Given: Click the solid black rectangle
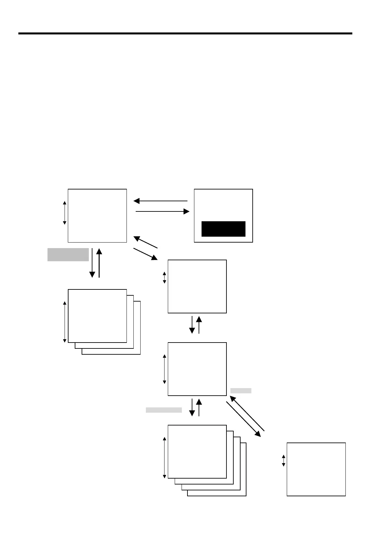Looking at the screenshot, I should (223, 229).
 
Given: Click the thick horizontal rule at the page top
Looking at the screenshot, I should (185, 33).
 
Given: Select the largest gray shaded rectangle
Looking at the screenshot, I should (68, 255).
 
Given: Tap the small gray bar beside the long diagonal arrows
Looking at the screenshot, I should (241, 390).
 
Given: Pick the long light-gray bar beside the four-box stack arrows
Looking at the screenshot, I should (164, 410).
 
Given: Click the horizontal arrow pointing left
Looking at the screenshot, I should (160, 201).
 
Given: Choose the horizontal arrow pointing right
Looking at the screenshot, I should (163, 212).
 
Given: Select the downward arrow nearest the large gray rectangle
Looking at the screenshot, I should (92, 263).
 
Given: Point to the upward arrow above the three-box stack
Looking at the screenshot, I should (99, 263).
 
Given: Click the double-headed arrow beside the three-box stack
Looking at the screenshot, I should (65, 322).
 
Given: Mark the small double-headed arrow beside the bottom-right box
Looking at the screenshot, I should (283, 460).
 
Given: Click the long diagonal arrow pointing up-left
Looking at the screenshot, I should (247, 413).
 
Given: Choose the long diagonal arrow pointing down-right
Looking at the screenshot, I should (244, 419).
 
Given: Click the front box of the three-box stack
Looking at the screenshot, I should (97, 316).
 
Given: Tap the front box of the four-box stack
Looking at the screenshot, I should (197, 451).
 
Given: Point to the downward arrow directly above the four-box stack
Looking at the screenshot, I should (192, 407).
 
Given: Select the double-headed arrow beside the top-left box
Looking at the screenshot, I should (65, 213).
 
